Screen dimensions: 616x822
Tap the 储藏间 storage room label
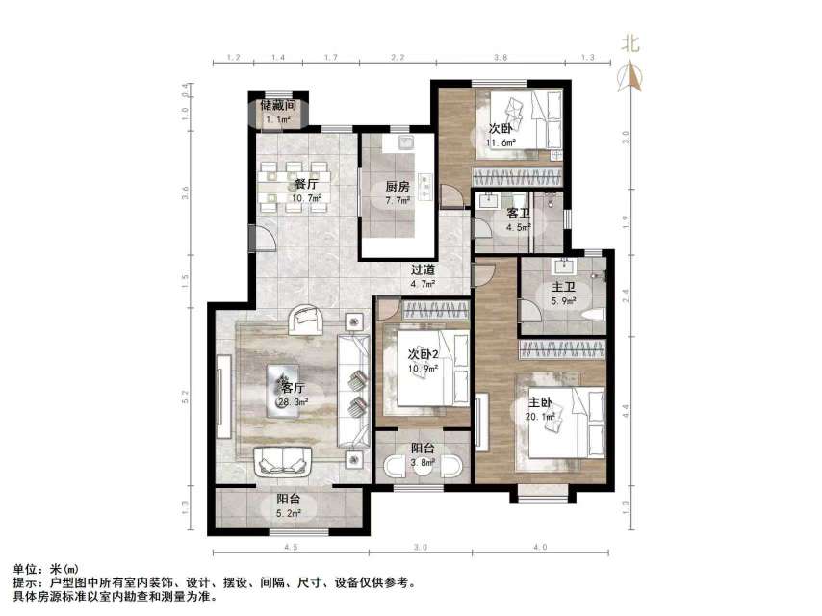(277, 106)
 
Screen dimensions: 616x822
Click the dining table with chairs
(295, 186)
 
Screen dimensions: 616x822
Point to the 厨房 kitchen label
(398, 187)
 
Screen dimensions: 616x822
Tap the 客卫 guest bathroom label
(519, 213)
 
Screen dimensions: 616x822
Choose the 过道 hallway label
(423, 270)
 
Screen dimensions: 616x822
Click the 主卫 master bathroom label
(563, 286)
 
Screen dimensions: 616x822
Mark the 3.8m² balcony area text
(423, 462)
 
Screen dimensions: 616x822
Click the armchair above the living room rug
(307, 319)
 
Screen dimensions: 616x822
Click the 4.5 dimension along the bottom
(290, 547)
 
